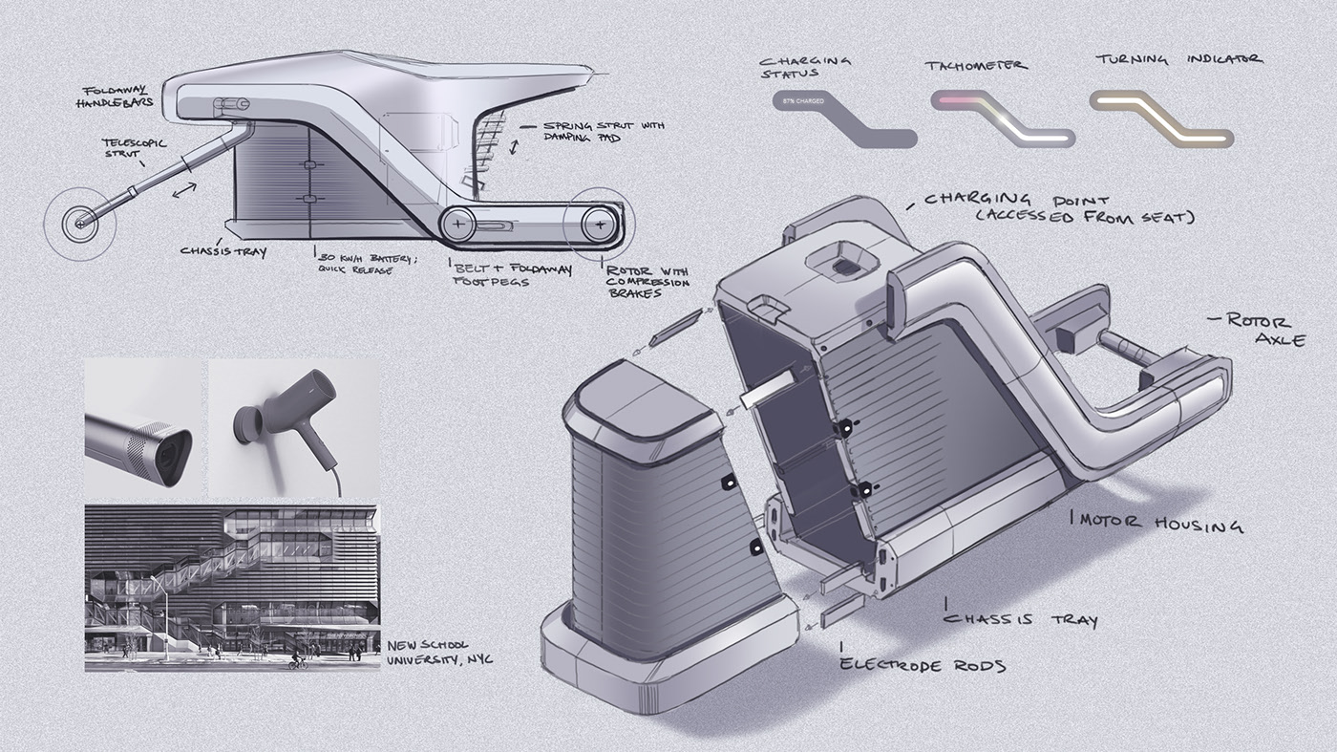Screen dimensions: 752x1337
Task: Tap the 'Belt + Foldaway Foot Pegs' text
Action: click(x=511, y=275)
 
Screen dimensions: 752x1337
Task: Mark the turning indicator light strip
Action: click(x=1161, y=118)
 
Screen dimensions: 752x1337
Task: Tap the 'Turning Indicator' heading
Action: click(x=1178, y=60)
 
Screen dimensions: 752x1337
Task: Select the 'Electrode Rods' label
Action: click(x=923, y=664)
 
